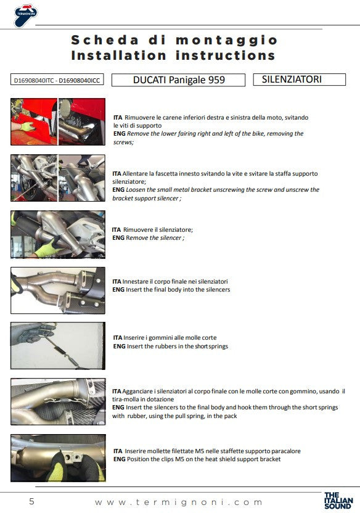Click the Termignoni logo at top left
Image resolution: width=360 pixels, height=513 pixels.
[25, 15]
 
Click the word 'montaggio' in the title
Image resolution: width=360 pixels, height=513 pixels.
[226, 40]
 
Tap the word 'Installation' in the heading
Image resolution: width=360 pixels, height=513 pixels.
[119, 55]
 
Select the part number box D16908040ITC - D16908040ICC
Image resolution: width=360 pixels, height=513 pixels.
[57, 80]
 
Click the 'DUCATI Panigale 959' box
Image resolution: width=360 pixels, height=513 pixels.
[179, 80]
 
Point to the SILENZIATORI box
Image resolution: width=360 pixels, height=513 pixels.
[299, 80]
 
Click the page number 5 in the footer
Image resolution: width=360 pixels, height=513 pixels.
[31, 501]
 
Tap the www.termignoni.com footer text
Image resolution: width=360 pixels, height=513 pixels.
[179, 502]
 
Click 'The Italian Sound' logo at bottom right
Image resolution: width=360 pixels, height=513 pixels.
[338, 501]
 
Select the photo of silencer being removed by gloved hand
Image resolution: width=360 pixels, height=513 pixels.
[58, 234]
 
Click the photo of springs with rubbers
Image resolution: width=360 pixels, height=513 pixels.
[58, 346]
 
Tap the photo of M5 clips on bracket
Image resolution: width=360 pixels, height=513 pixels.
[58, 458]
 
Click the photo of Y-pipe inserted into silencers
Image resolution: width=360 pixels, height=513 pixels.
[58, 290]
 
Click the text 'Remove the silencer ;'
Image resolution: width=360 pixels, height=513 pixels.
[155, 238]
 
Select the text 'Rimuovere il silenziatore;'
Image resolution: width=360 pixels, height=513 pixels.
[158, 229]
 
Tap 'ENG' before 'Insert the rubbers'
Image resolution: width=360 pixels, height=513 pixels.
[120, 346]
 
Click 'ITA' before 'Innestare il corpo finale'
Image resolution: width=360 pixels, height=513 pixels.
[117, 281]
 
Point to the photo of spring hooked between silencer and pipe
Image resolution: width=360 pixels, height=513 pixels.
[58, 402]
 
